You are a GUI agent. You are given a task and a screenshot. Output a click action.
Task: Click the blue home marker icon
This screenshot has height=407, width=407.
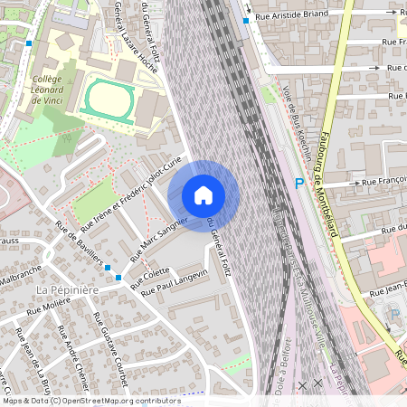tap(203, 195)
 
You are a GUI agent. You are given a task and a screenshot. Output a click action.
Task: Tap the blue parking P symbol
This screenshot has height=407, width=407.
tap(299, 185)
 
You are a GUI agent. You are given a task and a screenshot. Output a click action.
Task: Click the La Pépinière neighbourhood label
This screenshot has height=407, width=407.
tap(66, 289)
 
